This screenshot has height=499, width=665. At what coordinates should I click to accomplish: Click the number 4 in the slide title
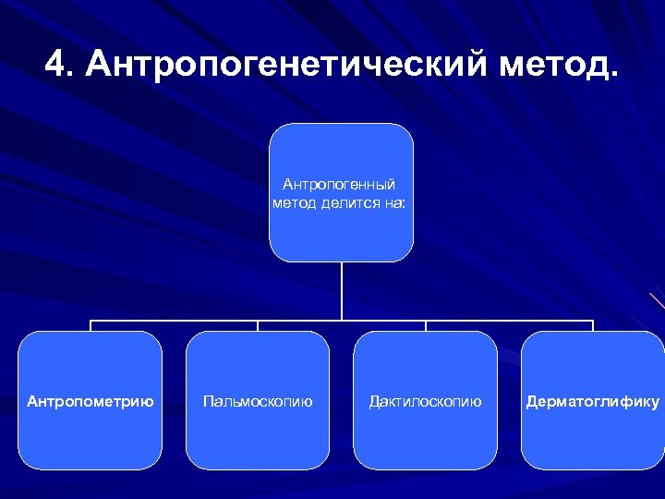tap(55, 65)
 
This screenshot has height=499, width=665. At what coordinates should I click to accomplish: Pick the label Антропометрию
tap(91, 401)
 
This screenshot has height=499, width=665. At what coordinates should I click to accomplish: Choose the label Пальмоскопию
tap(258, 401)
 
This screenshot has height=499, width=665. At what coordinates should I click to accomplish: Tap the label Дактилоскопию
tap(425, 401)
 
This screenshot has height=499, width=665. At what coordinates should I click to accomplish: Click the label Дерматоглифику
tap(593, 401)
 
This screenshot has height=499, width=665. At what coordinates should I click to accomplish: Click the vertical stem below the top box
tap(342, 291)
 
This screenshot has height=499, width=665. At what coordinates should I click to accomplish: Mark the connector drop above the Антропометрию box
tap(91, 325)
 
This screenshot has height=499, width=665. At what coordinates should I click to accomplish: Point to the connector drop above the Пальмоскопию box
tap(258, 325)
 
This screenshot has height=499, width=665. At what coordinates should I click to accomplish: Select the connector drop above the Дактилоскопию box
tap(426, 325)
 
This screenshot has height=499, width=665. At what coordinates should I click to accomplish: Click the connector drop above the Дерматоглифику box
tap(593, 325)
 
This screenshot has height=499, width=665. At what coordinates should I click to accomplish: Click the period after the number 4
tap(73, 75)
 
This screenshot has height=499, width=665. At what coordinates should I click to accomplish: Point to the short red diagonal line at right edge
tap(657, 300)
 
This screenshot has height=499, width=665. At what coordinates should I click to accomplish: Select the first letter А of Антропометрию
tap(32, 401)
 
